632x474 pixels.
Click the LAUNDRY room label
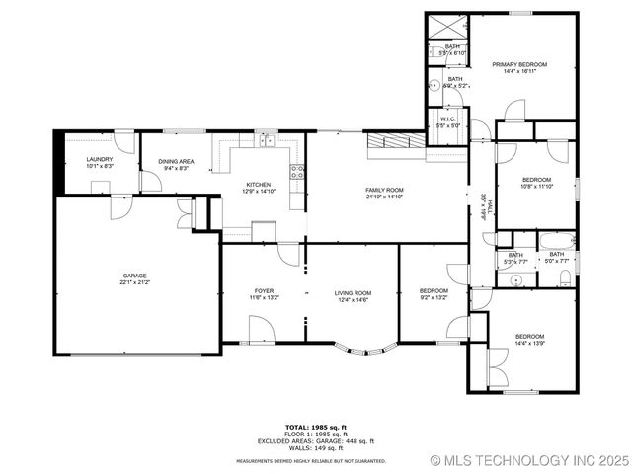100,159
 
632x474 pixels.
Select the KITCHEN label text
259,184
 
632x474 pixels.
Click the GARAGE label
134,276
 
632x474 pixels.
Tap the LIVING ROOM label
353,293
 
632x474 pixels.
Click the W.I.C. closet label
446,118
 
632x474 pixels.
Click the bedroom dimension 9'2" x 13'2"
434,297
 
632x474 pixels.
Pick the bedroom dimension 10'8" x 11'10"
537,186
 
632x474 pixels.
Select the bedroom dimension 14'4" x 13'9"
529,343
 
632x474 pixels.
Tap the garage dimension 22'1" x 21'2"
134,282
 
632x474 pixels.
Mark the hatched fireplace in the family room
394,145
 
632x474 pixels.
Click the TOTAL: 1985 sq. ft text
316,427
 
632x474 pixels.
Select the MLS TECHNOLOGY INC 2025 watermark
529,460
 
